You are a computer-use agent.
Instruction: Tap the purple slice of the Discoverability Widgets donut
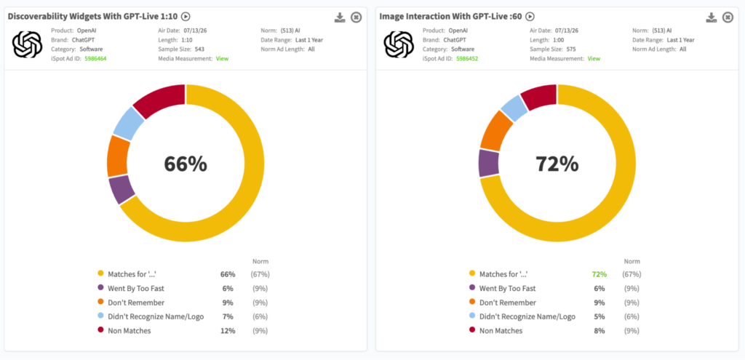pyautogui.click(x=121, y=188)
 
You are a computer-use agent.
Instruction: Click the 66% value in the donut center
pyautogui.click(x=186, y=164)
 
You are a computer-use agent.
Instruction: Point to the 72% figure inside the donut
pyautogui.click(x=557, y=164)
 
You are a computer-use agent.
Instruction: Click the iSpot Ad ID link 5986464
pyautogui.click(x=95, y=58)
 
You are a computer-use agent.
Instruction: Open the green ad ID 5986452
pyautogui.click(x=467, y=58)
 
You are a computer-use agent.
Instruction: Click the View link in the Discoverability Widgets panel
pyautogui.click(x=222, y=58)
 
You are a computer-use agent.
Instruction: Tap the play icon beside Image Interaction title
pyautogui.click(x=530, y=17)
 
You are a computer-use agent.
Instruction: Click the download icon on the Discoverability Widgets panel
pyautogui.click(x=339, y=17)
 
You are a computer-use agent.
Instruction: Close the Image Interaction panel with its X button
pyautogui.click(x=728, y=17)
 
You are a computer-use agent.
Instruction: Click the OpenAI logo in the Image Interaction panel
pyautogui.click(x=399, y=44)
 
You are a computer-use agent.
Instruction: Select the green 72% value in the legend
pyautogui.click(x=599, y=274)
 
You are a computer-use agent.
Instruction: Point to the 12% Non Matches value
pyautogui.click(x=228, y=331)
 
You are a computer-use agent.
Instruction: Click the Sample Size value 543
pyautogui.click(x=199, y=49)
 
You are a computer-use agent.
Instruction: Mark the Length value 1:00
pyautogui.click(x=558, y=40)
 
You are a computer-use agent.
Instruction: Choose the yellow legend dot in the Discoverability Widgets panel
pyautogui.click(x=100, y=273)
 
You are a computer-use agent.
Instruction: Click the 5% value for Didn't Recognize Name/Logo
pyautogui.click(x=599, y=317)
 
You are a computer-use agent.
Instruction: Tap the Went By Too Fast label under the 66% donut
pyautogui.click(x=136, y=288)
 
